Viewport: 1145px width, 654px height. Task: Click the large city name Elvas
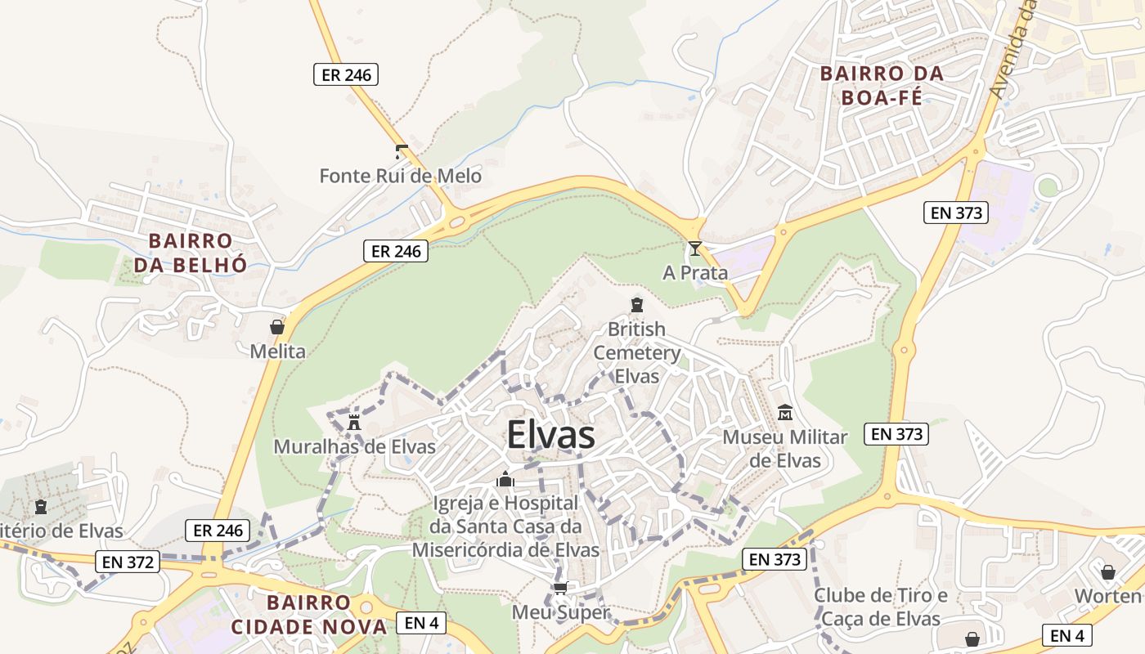550,435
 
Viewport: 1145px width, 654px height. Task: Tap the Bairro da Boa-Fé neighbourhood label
882,86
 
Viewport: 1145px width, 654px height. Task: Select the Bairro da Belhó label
191,253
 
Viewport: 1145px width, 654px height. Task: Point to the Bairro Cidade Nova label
308,615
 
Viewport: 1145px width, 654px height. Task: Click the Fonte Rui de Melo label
400,176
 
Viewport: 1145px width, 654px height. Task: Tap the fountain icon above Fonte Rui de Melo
401,151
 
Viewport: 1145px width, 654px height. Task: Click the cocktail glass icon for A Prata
694,249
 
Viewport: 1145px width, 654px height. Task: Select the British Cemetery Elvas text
637,352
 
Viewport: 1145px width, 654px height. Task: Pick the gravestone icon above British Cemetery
636,306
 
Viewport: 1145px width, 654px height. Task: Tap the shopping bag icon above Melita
277,327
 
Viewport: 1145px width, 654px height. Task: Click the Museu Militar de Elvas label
784,449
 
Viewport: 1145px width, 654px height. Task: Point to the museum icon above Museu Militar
785,413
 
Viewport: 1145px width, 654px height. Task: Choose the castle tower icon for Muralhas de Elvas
354,423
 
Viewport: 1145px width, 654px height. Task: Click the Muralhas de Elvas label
354,447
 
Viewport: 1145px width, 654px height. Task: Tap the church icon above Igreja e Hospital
505,479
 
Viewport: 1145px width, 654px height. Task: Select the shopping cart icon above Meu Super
560,588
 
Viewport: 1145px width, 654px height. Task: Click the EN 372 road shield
127,562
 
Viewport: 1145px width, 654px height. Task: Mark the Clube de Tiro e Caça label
880,607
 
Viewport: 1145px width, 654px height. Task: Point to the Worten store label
1107,596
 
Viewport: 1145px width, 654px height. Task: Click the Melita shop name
277,352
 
